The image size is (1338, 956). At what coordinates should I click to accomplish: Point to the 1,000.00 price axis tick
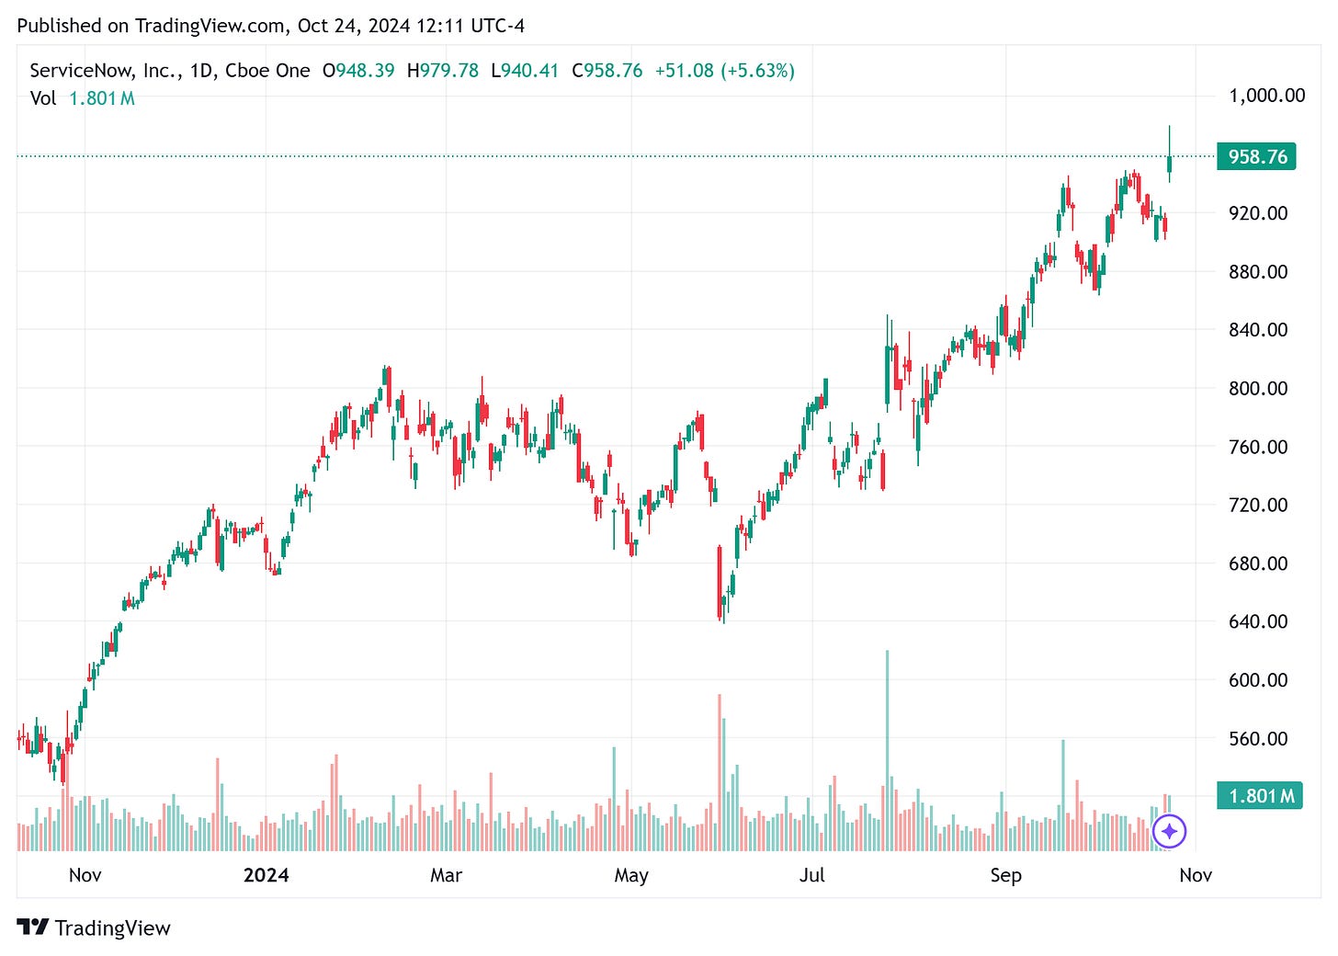(x=1266, y=96)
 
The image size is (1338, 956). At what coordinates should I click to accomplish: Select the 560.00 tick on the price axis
(x=1258, y=738)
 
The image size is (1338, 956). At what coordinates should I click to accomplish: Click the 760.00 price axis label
(x=1258, y=447)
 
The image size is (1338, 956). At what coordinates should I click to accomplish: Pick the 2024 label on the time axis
(x=266, y=875)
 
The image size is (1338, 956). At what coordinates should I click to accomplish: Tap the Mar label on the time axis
(x=446, y=875)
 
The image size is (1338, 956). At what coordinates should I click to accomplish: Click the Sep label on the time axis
(x=1005, y=875)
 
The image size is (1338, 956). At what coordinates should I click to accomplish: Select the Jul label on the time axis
(x=811, y=875)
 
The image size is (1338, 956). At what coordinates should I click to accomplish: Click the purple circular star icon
(x=1169, y=831)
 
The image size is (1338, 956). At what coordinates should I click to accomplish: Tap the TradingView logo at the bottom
(x=94, y=928)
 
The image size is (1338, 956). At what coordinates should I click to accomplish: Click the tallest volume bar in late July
(x=887, y=749)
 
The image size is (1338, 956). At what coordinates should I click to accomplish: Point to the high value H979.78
(x=443, y=71)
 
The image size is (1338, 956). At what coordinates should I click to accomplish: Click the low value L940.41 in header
(x=525, y=71)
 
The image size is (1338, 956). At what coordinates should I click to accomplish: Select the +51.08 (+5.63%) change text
(x=724, y=71)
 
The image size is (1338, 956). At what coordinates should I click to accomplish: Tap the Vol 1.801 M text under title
(x=83, y=98)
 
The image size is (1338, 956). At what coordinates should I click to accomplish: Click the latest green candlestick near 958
(x=1169, y=164)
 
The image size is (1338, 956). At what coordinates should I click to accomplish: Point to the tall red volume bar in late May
(x=720, y=772)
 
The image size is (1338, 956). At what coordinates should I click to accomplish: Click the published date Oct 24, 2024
(x=354, y=26)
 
